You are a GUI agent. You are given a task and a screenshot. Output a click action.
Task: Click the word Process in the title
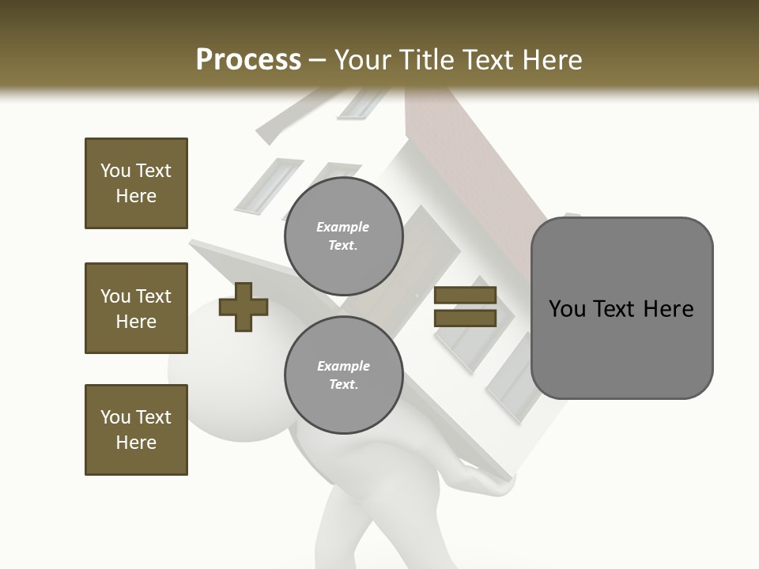tap(248, 59)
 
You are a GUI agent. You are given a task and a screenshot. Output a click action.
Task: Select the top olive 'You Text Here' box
tap(136, 183)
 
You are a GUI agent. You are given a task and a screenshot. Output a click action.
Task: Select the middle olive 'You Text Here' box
tap(136, 308)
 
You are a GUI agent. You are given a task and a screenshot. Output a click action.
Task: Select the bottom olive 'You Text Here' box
tap(136, 430)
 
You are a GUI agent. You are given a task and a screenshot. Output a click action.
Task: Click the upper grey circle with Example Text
tap(343, 236)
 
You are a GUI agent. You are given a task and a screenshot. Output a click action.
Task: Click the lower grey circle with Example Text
tap(343, 375)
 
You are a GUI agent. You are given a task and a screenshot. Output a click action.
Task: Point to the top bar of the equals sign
tap(465, 295)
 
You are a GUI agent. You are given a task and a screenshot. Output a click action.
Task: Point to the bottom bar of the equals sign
tap(465, 318)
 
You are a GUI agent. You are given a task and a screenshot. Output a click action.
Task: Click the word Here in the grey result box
tap(668, 309)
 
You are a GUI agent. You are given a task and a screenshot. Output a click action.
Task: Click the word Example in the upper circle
tap(343, 227)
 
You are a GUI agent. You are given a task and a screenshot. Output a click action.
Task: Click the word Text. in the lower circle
tap(343, 384)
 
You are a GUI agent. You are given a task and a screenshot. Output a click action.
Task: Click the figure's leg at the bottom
tap(348, 537)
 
